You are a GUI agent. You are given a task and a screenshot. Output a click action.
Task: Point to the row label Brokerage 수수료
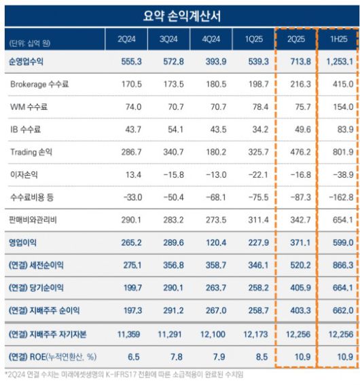click(39, 84)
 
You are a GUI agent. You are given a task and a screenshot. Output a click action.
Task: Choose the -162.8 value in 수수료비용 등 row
click(340, 198)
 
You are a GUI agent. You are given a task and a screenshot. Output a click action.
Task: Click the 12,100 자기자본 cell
click(217, 334)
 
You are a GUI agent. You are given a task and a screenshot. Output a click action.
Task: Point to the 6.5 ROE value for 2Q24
click(132, 356)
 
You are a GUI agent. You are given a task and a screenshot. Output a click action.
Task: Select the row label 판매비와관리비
click(39, 220)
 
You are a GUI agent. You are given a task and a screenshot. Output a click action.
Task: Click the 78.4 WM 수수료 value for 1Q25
click(259, 107)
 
